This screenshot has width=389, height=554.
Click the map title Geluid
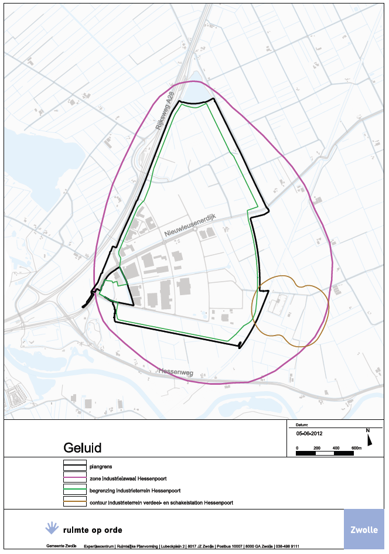[x=82, y=448]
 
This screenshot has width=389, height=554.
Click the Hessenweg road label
[x=175, y=372]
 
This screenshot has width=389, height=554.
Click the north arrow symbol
[x=368, y=437]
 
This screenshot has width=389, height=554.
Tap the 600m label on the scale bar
[x=356, y=448]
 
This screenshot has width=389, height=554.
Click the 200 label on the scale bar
[x=317, y=448]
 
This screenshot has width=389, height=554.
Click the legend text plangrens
[x=100, y=467]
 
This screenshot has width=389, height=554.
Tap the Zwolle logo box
[x=364, y=530]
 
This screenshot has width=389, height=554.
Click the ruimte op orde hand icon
[x=53, y=528]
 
